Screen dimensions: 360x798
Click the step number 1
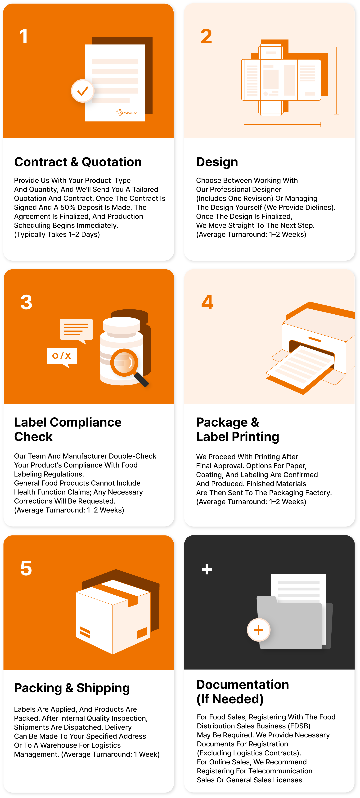pos(24,36)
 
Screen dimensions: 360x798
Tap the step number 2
pos(206,36)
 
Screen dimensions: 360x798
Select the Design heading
pos(217,162)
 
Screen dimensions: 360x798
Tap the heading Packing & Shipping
pos(72,688)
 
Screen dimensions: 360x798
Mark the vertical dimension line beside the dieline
pos(336,80)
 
